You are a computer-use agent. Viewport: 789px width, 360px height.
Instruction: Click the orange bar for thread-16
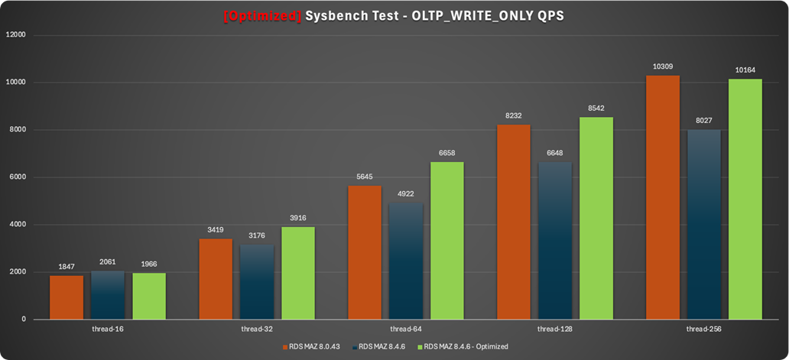[67, 297]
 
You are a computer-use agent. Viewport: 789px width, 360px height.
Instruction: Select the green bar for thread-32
[298, 272]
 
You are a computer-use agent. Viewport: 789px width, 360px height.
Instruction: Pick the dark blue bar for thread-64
[406, 260]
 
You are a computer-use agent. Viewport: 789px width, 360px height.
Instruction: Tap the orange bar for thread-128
[513, 222]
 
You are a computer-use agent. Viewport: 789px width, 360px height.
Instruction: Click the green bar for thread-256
[745, 199]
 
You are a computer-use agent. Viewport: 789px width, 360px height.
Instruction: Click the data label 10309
[663, 67]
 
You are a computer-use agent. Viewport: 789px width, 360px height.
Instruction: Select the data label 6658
[447, 153]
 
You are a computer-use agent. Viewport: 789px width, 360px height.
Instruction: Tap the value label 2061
[108, 262]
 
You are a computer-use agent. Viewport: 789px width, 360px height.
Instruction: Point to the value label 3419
[216, 230]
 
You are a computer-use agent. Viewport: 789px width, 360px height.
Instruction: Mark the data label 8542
[596, 109]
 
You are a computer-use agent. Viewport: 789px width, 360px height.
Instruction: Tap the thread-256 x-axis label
[704, 329]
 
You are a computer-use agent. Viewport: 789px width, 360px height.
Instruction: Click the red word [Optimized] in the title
[262, 15]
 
